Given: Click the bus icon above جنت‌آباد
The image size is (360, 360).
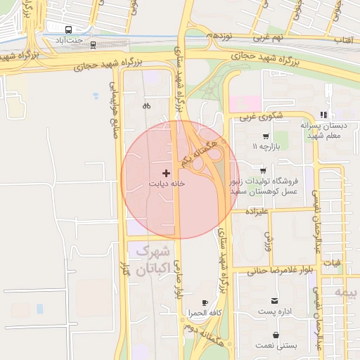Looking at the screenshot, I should [x=69, y=30].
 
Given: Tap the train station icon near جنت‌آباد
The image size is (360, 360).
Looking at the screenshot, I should [x=93, y=46].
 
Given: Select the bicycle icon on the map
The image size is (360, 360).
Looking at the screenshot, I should [x=146, y=105].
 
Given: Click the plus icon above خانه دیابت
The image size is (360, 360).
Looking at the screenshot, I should [x=166, y=172].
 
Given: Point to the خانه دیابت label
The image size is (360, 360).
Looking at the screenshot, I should [x=166, y=183].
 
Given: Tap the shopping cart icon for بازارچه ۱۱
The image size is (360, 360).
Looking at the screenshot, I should [x=265, y=136].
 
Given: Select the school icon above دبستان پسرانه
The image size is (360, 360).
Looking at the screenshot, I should [x=323, y=115].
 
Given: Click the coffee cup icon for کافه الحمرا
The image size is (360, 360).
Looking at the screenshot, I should [x=205, y=302].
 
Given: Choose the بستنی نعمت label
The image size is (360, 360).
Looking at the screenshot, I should [x=275, y=345].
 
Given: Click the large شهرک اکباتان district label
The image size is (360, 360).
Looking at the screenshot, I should [x=149, y=259].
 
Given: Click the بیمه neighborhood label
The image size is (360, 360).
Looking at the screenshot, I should [x=345, y=291].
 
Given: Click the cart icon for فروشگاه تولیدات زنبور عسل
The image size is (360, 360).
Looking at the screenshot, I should [x=262, y=171].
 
